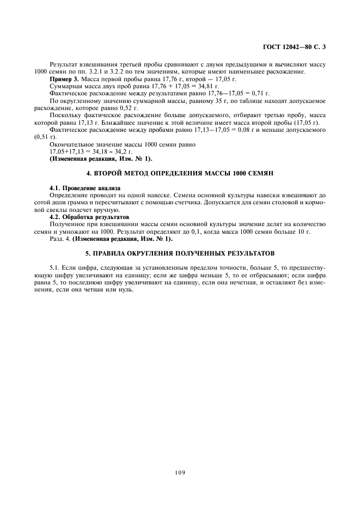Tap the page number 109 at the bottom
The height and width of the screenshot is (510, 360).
pos(180,472)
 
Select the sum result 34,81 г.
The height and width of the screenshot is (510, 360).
pos(209,86)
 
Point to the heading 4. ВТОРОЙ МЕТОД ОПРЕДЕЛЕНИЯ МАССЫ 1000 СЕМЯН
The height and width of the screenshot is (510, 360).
pos(180,173)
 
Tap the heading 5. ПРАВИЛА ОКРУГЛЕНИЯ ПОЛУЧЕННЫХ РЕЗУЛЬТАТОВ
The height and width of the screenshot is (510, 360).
pos(180,253)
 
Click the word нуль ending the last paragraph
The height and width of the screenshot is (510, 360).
pos(126,289)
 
